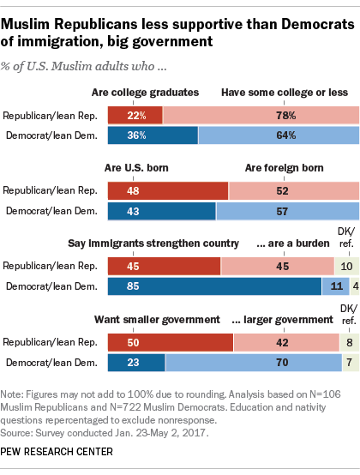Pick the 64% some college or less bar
coord(279,135)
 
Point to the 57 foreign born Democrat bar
coord(287,210)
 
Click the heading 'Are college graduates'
coord(145,93)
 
